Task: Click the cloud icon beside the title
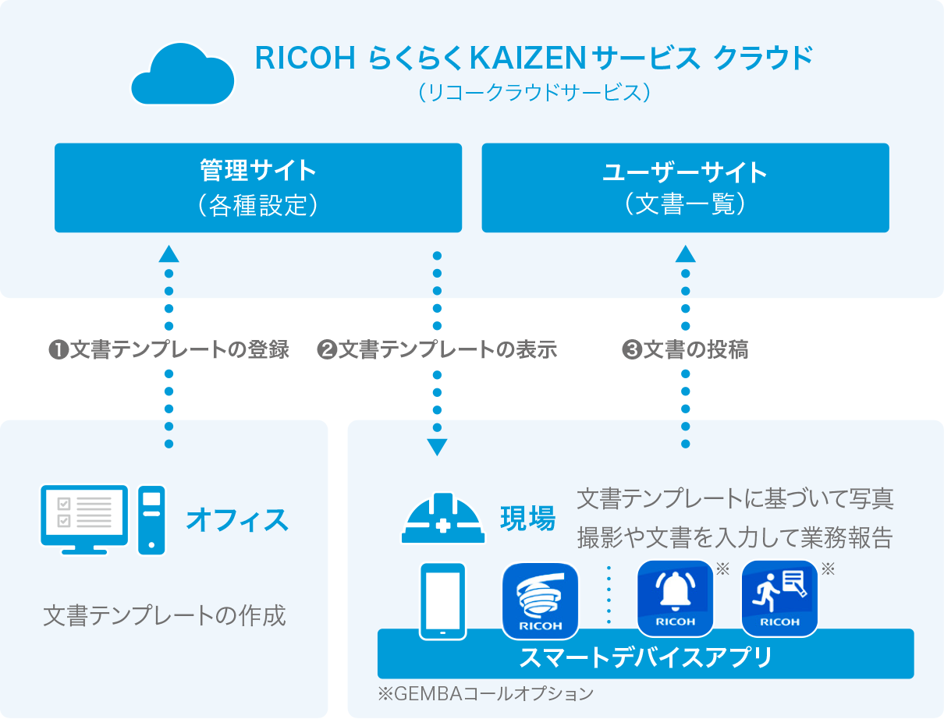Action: tap(183, 75)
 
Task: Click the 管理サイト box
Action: tap(258, 187)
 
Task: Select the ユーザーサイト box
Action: tap(685, 187)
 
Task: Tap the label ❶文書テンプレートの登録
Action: tap(169, 350)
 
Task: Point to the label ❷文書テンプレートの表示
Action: tap(437, 350)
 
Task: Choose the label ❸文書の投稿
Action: tap(685, 350)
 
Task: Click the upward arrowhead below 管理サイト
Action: tap(169, 253)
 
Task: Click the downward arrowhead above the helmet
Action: tap(437, 448)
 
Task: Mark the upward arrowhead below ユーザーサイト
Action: tap(685, 253)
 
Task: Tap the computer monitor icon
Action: tap(83, 515)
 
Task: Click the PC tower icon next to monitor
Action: tap(151, 519)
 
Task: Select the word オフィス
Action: tap(237, 520)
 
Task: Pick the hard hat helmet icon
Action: tap(443, 517)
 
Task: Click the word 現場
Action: tap(527, 518)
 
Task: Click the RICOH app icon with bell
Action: tap(675, 598)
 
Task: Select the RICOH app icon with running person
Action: tap(779, 598)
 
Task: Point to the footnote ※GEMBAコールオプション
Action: tap(484, 692)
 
